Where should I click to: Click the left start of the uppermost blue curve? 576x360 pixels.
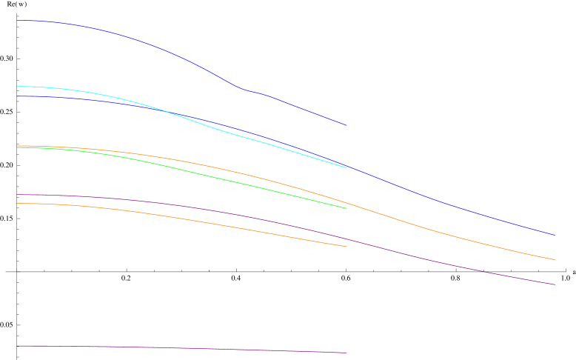coord(17,21)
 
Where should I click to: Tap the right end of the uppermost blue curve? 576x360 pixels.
coord(346,125)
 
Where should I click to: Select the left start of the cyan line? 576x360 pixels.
coord(17,87)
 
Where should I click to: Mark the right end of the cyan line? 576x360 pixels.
coord(346,167)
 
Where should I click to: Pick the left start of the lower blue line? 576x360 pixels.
coord(17,96)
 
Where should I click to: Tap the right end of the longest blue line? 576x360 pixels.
coord(555,235)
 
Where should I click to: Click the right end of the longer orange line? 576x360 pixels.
coord(555,259)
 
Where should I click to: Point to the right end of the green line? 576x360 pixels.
coord(346,208)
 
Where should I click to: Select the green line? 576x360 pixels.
coord(222,179)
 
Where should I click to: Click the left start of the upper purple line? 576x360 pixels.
coord(17,195)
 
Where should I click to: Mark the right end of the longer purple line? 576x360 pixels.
coord(555,284)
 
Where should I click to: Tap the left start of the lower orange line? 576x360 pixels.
coord(17,203)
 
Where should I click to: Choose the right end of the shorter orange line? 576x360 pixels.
coord(346,247)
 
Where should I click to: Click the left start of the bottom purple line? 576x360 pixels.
coord(17,346)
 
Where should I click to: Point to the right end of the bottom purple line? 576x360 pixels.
coord(346,353)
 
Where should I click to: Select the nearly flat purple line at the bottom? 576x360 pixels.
coord(185,348)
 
